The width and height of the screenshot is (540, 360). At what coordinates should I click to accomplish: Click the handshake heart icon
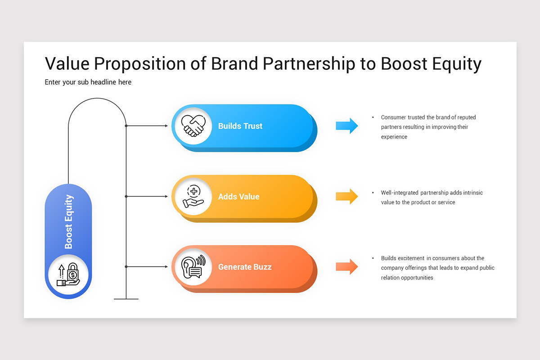pyautogui.click(x=193, y=126)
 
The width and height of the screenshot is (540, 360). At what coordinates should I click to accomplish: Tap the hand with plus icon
pyautogui.click(x=193, y=197)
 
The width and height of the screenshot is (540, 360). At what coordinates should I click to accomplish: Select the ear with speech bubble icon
pyautogui.click(x=193, y=267)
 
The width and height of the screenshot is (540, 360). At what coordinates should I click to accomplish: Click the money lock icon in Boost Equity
pyautogui.click(x=68, y=274)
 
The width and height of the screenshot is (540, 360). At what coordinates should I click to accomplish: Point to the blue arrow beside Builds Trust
pyautogui.click(x=346, y=126)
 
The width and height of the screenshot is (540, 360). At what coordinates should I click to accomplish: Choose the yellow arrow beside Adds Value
pyautogui.click(x=346, y=196)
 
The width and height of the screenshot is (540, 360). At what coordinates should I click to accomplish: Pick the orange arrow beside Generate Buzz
pyautogui.click(x=346, y=266)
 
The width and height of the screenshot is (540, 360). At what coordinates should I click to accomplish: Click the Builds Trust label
pyautogui.click(x=240, y=126)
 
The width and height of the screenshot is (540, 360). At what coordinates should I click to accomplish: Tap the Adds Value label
pyautogui.click(x=238, y=197)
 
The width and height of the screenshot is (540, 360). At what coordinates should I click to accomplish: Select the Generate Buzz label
pyautogui.click(x=245, y=267)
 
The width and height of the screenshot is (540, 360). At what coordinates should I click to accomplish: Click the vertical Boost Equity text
pyautogui.click(x=69, y=221)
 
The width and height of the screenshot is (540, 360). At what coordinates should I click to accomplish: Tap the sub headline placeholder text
pyautogui.click(x=88, y=82)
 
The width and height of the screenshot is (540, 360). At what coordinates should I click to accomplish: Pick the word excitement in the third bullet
pyautogui.click(x=411, y=258)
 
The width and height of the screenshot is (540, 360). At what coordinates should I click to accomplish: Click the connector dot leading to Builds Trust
pyautogui.click(x=126, y=126)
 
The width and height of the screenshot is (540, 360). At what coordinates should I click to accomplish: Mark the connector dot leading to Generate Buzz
pyautogui.click(x=126, y=267)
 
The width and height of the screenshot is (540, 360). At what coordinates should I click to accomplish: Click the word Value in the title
pyautogui.click(x=67, y=64)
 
